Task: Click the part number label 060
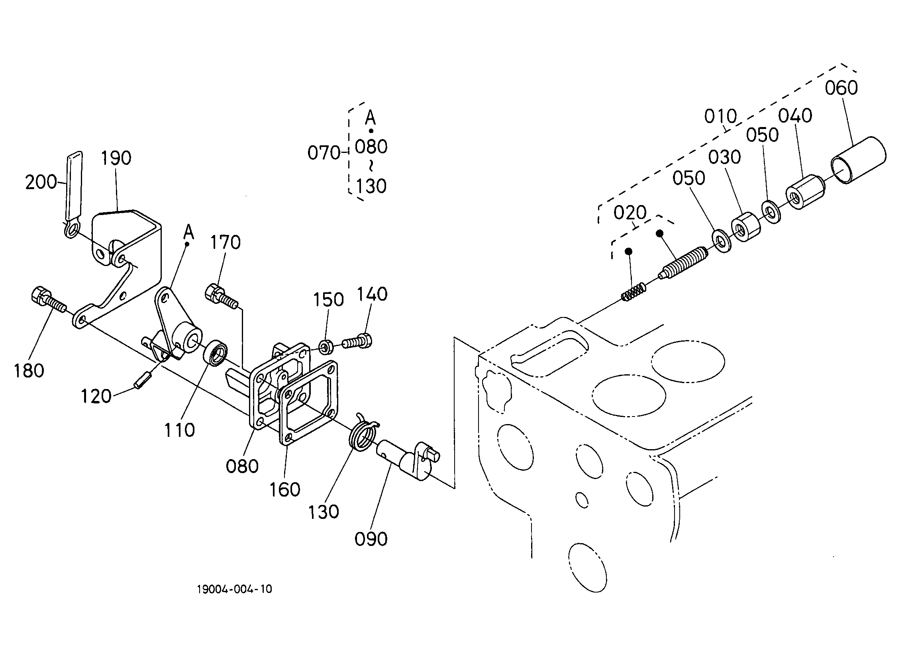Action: [x=841, y=88]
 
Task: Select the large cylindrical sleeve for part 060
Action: [x=858, y=160]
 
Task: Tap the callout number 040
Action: [x=795, y=116]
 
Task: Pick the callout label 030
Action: [x=724, y=157]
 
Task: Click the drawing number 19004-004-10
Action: [x=234, y=589]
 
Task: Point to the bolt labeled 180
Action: [x=48, y=301]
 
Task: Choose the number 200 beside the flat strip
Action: [x=41, y=182]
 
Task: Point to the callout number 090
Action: [x=371, y=539]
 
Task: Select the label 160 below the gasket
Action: [x=285, y=490]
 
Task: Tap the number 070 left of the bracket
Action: [x=324, y=153]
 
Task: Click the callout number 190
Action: [x=116, y=158]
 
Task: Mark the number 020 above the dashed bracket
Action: [x=630, y=213]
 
